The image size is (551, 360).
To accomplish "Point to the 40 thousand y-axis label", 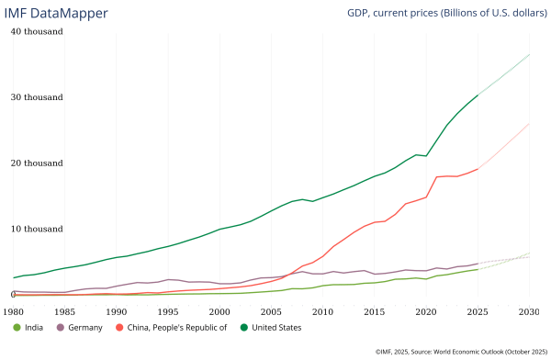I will (37, 31).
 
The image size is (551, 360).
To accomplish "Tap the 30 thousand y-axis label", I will (37, 97).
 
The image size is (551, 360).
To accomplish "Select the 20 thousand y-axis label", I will (37, 163).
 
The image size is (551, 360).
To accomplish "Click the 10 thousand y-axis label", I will (37, 229).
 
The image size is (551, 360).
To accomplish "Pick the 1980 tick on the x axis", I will (13, 312).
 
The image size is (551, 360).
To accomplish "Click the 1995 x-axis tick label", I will (168, 312).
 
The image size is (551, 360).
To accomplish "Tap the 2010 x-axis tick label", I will (322, 312).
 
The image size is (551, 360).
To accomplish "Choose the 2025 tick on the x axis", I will (478, 312).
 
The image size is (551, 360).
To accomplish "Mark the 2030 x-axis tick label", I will (529, 312).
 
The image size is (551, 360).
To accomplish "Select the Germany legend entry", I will (80, 328).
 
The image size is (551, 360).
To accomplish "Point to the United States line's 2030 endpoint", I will (530, 54).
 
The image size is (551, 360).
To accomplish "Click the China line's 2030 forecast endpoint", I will (530, 123).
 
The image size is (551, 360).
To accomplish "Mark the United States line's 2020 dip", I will (426, 155).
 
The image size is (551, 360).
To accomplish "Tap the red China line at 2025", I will (478, 169).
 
